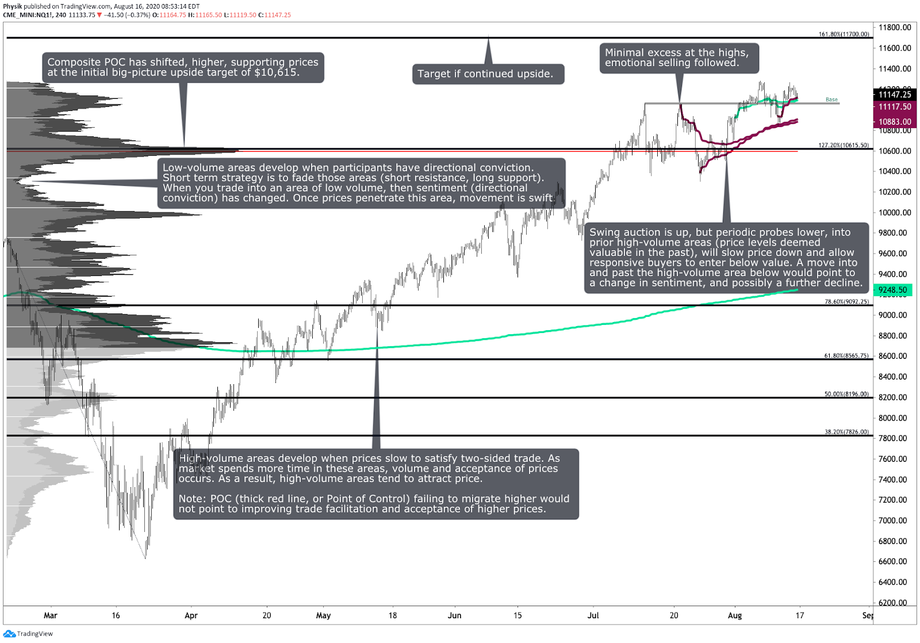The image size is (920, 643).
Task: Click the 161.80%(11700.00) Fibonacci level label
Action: click(x=844, y=35)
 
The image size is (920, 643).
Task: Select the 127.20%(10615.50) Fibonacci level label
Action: click(x=844, y=146)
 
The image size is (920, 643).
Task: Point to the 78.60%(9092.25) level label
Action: click(x=846, y=302)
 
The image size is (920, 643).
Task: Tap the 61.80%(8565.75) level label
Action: click(x=846, y=356)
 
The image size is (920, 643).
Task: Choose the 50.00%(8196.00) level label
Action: click(x=846, y=395)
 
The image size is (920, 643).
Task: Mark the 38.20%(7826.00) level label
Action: click(x=846, y=432)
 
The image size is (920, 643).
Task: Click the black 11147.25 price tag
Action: click(x=895, y=94)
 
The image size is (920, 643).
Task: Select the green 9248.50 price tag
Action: click(x=892, y=290)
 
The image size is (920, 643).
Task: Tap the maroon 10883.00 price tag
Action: click(x=895, y=122)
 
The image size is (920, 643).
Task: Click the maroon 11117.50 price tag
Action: click(x=895, y=107)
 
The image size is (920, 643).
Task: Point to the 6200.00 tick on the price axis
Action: click(x=895, y=603)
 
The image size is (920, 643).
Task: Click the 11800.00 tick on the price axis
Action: click(x=895, y=28)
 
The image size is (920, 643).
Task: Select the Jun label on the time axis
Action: click(x=454, y=615)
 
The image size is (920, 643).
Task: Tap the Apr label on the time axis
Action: click(x=191, y=615)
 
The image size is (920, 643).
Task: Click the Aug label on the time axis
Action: click(x=734, y=615)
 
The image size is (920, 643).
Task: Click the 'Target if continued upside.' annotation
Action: click(x=488, y=74)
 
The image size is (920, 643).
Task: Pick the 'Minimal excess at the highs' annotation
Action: click(x=678, y=58)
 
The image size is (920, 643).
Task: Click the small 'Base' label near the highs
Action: click(x=831, y=99)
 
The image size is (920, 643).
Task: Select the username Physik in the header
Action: click(x=13, y=6)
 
